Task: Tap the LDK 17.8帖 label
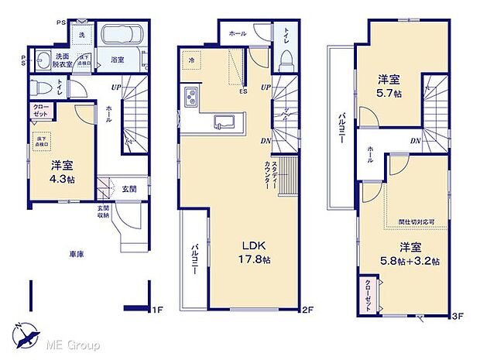[x=255, y=252]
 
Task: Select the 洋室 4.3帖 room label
[x=62, y=172]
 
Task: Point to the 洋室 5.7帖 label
[x=389, y=85]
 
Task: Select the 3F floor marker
[x=457, y=315]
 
